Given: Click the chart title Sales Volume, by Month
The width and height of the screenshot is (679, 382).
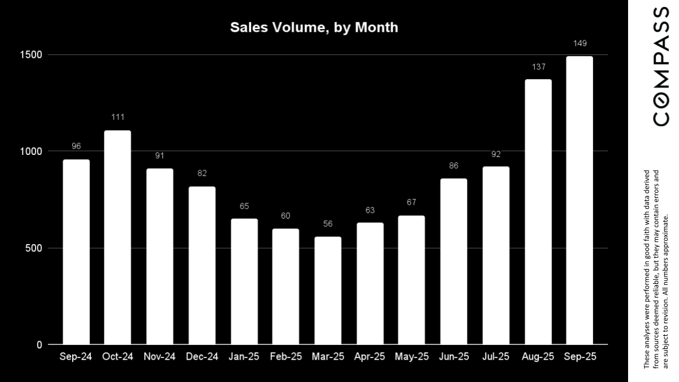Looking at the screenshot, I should [x=314, y=28].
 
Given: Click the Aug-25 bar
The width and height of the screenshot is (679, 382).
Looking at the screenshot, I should [x=538, y=212].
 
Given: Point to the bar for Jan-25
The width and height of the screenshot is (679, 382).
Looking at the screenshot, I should [x=244, y=281].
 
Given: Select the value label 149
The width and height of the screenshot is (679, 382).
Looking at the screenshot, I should [x=580, y=44].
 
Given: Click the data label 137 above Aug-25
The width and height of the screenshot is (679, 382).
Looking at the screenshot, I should [x=538, y=67].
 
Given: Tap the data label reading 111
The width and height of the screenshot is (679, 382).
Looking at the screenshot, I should [x=117, y=117].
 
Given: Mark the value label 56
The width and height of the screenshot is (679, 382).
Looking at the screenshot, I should [x=328, y=224].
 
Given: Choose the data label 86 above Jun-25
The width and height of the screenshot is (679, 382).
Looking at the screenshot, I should [x=454, y=166].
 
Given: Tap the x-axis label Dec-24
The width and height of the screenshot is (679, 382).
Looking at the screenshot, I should [x=202, y=357].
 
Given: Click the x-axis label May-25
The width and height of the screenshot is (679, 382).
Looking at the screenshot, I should [x=412, y=357].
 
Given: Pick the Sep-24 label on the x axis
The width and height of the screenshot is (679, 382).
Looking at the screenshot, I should [x=76, y=357].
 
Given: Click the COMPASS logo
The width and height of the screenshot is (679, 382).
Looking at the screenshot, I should [x=661, y=66].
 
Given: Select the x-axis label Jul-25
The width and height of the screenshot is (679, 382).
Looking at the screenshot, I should [x=496, y=357].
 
